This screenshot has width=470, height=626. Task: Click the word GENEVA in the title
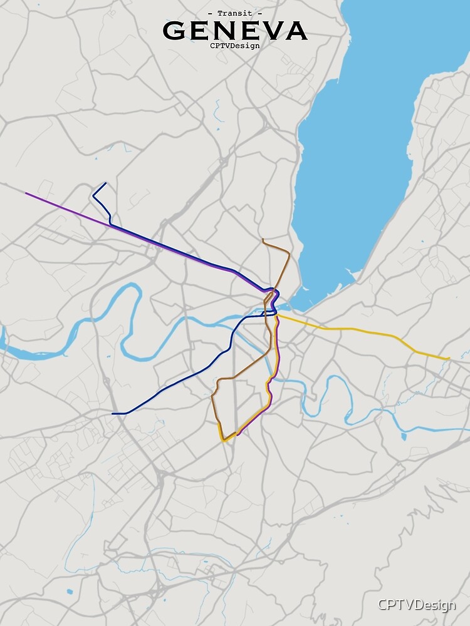[235, 30]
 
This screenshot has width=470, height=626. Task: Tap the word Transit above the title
[235, 13]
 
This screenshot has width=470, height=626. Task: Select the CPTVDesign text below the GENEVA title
[235, 45]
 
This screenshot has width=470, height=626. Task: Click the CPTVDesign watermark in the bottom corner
[416, 605]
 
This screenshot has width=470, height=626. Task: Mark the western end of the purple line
[26, 193]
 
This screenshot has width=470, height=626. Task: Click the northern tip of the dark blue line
[105, 183]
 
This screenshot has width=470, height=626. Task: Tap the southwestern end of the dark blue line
[113, 413]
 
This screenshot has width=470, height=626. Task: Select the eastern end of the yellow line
[449, 359]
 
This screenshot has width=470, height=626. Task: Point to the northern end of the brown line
[263, 239]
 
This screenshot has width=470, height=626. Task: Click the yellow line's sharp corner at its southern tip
[224, 441]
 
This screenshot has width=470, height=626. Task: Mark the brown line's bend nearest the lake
[288, 253]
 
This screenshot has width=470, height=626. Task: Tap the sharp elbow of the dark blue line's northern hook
[93, 196]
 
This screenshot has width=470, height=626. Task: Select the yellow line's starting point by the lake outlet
[277, 316]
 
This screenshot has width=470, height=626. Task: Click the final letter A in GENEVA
[296, 30]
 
